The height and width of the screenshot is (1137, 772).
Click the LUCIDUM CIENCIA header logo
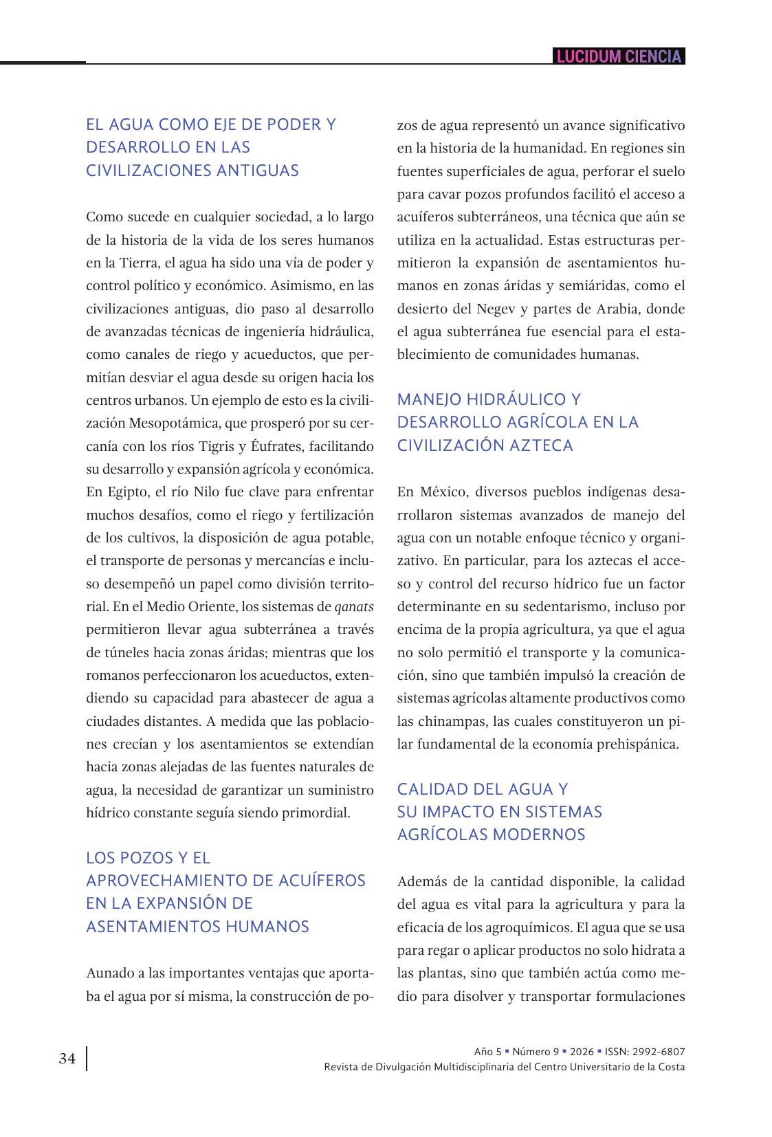619,56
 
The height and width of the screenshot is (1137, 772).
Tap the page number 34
67,1059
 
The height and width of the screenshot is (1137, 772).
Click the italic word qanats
354,606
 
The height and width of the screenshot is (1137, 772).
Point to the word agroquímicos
529,927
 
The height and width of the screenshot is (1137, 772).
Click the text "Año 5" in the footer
488,1052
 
